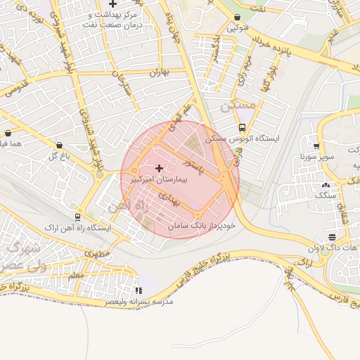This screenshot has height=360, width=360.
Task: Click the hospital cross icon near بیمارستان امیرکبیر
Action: point(159,167)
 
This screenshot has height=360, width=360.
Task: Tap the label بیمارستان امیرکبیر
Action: point(160,180)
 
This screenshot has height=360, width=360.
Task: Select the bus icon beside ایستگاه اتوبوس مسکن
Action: point(242,127)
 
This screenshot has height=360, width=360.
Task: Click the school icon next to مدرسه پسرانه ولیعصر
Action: point(138,290)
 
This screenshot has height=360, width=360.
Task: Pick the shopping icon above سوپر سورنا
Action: point(316,146)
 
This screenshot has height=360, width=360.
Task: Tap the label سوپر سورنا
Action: point(314,155)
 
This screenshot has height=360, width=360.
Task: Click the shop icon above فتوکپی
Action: point(237,18)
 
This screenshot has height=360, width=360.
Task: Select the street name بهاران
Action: point(160,73)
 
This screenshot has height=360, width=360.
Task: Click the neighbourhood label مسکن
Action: point(234,108)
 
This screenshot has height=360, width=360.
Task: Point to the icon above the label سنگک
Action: point(325,186)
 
